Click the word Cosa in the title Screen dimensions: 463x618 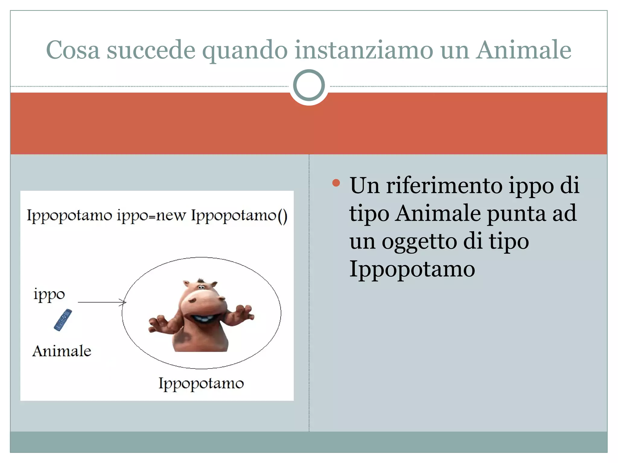coord(73,50)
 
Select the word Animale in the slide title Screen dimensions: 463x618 coord(524,50)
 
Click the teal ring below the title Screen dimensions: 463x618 coord(309,85)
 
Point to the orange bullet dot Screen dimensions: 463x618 coord(336,183)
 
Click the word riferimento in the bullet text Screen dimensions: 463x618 coord(444,185)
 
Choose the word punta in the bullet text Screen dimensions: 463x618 coord(517,213)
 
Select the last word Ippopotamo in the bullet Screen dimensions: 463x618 coord(412,269)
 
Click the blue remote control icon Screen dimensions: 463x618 coord(63,320)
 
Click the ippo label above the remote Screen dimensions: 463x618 coord(49,294)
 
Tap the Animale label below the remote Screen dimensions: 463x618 coord(62,351)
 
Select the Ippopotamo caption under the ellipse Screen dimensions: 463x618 coord(201,384)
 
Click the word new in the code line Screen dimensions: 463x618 coord(171,216)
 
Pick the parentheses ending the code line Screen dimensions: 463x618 coord(282,216)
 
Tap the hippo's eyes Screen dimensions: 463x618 coord(201,287)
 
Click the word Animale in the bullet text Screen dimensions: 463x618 coord(438,213)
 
